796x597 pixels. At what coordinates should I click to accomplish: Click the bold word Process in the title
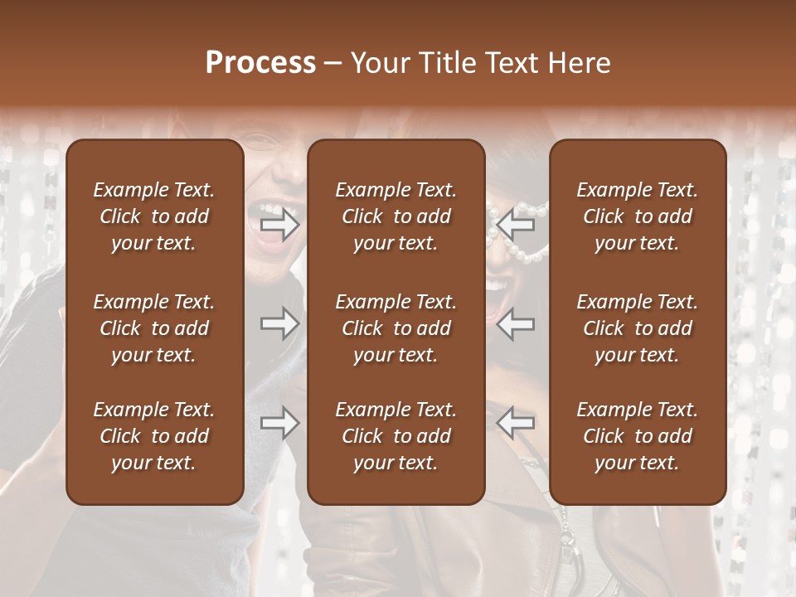(260, 63)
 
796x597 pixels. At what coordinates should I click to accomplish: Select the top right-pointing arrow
(280, 225)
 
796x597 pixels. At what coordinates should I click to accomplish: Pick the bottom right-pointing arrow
(280, 424)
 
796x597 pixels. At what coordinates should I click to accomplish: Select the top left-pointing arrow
(516, 225)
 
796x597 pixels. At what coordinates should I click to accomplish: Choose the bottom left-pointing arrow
(516, 424)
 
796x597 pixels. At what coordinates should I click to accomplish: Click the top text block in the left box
(154, 216)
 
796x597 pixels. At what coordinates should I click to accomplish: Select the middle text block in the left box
(154, 328)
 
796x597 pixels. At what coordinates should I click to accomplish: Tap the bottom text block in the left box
(154, 436)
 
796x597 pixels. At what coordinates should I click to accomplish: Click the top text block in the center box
(396, 216)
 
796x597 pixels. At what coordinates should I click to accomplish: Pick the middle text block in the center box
(396, 328)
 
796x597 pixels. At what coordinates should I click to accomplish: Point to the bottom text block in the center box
(396, 436)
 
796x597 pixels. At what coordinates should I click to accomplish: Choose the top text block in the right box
(638, 216)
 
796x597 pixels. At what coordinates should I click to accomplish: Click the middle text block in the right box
(638, 328)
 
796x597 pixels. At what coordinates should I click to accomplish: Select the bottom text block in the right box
(638, 436)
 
